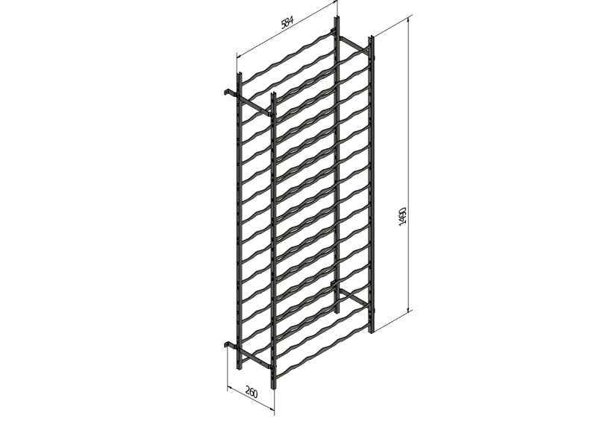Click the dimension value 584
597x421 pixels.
pyautogui.click(x=287, y=23)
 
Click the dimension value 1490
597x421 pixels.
pyautogui.click(x=402, y=217)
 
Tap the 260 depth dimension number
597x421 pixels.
pyautogui.click(x=251, y=392)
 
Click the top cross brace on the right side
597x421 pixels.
pyautogui.click(x=353, y=43)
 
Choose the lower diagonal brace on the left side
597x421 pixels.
pyautogui.click(x=255, y=358)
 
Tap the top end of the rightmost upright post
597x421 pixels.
pyautogui.click(x=371, y=38)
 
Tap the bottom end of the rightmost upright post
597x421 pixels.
pyautogui.click(x=372, y=332)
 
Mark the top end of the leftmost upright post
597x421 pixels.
pyautogui.click(x=239, y=73)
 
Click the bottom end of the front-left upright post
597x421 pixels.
pyautogui.click(x=273, y=387)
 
